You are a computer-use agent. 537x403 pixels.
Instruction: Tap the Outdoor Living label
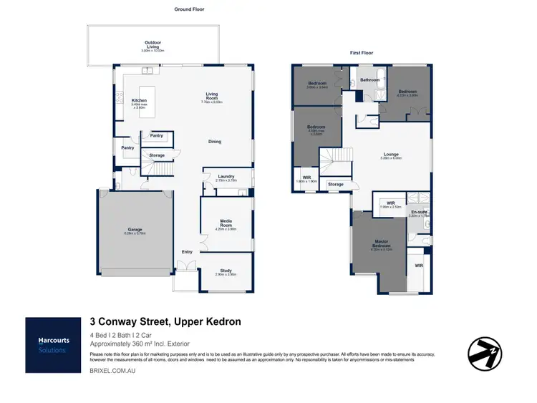coord(153,43)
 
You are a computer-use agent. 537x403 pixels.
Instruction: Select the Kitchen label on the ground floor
coord(139,100)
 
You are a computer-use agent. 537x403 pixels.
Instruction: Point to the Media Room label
coord(226,225)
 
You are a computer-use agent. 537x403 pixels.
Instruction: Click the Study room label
coord(226,271)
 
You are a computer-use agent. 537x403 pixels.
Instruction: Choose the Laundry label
coord(226,177)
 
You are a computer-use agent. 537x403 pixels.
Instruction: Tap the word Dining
coord(215,142)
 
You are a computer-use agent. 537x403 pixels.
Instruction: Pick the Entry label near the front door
coord(187,251)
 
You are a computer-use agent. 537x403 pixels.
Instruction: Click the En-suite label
coord(417,211)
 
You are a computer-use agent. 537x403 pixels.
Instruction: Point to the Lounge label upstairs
coord(392,154)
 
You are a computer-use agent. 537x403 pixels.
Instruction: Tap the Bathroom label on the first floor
coord(369,80)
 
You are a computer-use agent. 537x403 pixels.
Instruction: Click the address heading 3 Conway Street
coord(165,322)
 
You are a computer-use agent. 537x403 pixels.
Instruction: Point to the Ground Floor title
coord(190,9)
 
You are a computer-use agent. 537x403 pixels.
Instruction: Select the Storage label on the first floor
coord(336,185)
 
